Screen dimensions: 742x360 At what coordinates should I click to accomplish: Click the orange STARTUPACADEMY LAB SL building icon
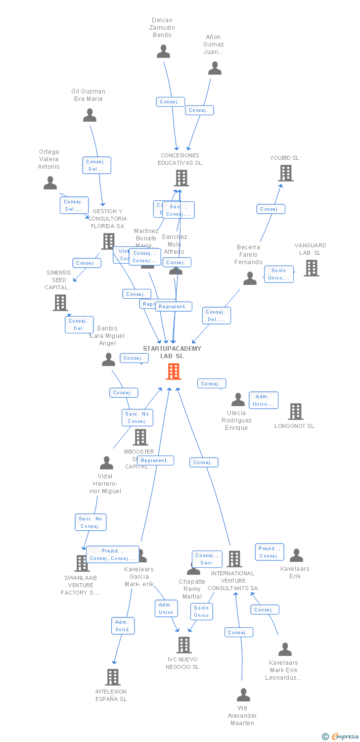(173, 371)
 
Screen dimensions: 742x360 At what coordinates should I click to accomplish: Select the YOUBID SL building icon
(286, 173)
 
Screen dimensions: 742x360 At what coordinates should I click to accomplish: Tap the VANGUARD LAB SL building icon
(311, 268)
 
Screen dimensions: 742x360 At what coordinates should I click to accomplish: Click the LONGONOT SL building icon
(295, 411)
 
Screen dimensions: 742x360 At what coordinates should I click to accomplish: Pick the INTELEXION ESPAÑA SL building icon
(113, 677)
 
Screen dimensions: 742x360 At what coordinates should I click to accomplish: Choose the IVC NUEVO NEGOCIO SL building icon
(184, 645)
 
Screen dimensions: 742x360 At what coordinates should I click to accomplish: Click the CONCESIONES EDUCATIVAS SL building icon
(181, 178)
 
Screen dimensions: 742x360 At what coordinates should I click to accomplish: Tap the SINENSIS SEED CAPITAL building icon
(60, 302)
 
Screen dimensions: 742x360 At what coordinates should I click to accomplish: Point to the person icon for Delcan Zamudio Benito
(163, 51)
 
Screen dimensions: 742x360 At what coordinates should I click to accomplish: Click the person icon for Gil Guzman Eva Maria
(90, 115)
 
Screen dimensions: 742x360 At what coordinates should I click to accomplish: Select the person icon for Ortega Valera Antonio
(50, 184)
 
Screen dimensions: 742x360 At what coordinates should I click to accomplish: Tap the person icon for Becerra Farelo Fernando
(250, 279)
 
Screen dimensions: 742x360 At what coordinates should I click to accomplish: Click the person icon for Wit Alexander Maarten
(243, 695)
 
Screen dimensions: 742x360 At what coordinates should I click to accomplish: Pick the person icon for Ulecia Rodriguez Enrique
(238, 399)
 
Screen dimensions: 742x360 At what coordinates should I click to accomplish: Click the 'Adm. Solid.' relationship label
(123, 626)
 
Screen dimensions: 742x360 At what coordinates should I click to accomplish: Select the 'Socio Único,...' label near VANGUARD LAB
(278, 274)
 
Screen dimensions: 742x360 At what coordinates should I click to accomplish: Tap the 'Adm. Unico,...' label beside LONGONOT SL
(263, 400)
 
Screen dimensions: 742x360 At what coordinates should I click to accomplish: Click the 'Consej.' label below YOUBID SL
(270, 209)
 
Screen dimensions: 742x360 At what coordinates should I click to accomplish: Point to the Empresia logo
(341, 737)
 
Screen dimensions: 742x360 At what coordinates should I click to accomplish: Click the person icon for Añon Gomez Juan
(215, 68)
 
